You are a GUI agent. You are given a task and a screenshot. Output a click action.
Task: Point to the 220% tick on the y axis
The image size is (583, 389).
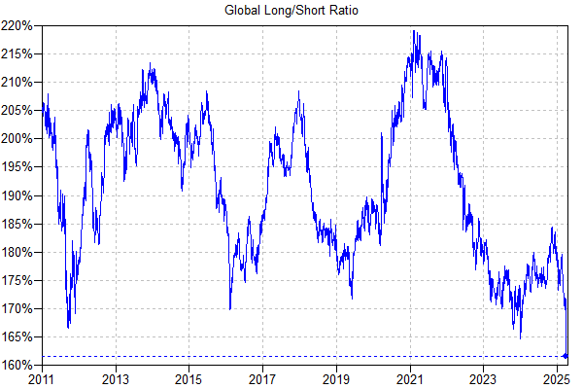pyautogui.click(x=20, y=24)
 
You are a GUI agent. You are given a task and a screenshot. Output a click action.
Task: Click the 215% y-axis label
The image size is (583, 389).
pyautogui.click(x=20, y=53)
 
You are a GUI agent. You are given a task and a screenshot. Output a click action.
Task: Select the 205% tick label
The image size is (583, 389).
pyautogui.click(x=20, y=110)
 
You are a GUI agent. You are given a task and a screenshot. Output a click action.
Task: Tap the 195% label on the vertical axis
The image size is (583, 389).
pyautogui.click(x=20, y=167)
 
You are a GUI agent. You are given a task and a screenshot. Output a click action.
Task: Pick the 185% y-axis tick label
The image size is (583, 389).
pyautogui.click(x=20, y=224)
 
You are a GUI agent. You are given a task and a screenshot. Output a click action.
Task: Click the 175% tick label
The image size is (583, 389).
pyautogui.click(x=20, y=281)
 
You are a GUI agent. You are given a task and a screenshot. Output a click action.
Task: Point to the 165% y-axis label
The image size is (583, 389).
pyautogui.click(x=20, y=337)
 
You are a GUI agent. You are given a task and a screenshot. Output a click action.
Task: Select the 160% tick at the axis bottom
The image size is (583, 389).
pyautogui.click(x=20, y=366)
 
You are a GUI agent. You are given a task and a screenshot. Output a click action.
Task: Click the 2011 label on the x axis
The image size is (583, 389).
pyautogui.click(x=43, y=378)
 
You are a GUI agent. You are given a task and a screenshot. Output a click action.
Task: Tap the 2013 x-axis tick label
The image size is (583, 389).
pyautogui.click(x=116, y=378)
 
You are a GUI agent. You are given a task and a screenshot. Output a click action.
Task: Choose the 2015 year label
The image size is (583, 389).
pyautogui.click(x=189, y=378)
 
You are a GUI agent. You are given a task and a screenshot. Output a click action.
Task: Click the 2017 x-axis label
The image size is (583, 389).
pyautogui.click(x=262, y=378)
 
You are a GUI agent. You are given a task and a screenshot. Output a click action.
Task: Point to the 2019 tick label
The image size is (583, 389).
pyautogui.click(x=335, y=378)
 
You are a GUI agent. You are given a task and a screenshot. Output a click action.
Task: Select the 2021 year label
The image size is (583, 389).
pyautogui.click(x=409, y=378)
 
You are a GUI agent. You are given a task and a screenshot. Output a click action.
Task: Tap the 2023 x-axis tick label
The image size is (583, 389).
pyautogui.click(x=482, y=378)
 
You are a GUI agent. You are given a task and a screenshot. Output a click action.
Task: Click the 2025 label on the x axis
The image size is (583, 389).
pyautogui.click(x=555, y=378)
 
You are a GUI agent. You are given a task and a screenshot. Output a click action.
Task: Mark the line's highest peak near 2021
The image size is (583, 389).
pyautogui.click(x=414, y=31)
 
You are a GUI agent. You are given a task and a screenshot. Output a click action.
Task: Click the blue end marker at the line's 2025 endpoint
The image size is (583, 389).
pyautogui.click(x=566, y=356)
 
